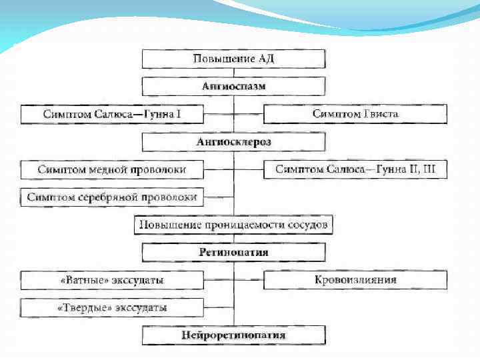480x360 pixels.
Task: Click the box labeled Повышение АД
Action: (x=233, y=59)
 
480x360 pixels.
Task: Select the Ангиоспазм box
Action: (x=233, y=87)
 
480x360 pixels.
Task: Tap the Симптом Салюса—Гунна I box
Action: (x=111, y=114)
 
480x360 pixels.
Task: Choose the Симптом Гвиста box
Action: (x=355, y=114)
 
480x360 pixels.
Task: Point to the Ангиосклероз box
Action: (x=233, y=142)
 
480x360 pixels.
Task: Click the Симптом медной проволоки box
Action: (x=111, y=170)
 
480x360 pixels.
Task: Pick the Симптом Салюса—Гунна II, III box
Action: (x=355, y=170)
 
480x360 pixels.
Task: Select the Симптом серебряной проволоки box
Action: (x=111, y=197)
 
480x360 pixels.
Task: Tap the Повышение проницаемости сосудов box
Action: (x=233, y=225)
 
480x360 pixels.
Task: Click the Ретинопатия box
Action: (x=233, y=253)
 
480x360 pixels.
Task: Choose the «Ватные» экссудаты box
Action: (x=111, y=280)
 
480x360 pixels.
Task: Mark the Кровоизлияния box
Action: (x=355, y=280)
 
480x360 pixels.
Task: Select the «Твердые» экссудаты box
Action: (x=111, y=308)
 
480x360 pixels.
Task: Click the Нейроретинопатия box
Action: (x=233, y=335)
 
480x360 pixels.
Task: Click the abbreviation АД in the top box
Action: (x=265, y=59)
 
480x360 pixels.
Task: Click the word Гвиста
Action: (x=381, y=114)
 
